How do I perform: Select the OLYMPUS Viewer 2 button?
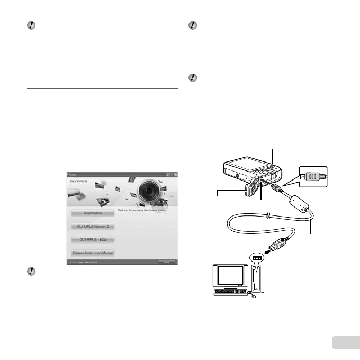[x=93, y=226]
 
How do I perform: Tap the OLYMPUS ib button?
[x=93, y=239]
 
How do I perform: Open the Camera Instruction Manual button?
[x=93, y=253]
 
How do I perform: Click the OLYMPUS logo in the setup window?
[x=76, y=180]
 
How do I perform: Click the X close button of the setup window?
[x=176, y=173]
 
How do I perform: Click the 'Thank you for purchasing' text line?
[x=146, y=211]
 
